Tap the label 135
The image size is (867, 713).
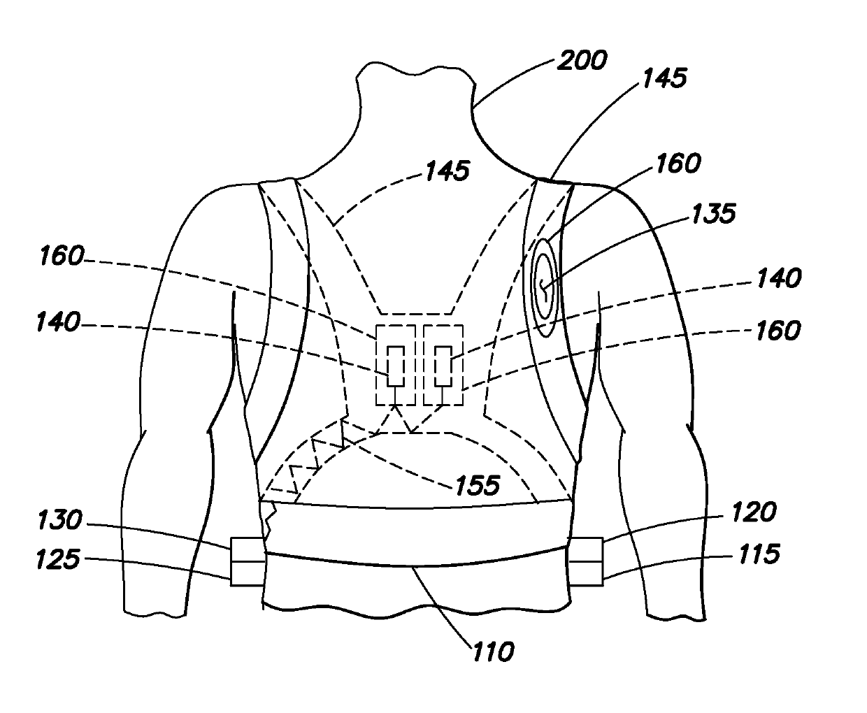(x=710, y=213)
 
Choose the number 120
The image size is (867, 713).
(x=753, y=512)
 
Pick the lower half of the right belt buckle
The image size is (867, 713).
(x=586, y=572)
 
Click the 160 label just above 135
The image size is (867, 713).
(x=677, y=164)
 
